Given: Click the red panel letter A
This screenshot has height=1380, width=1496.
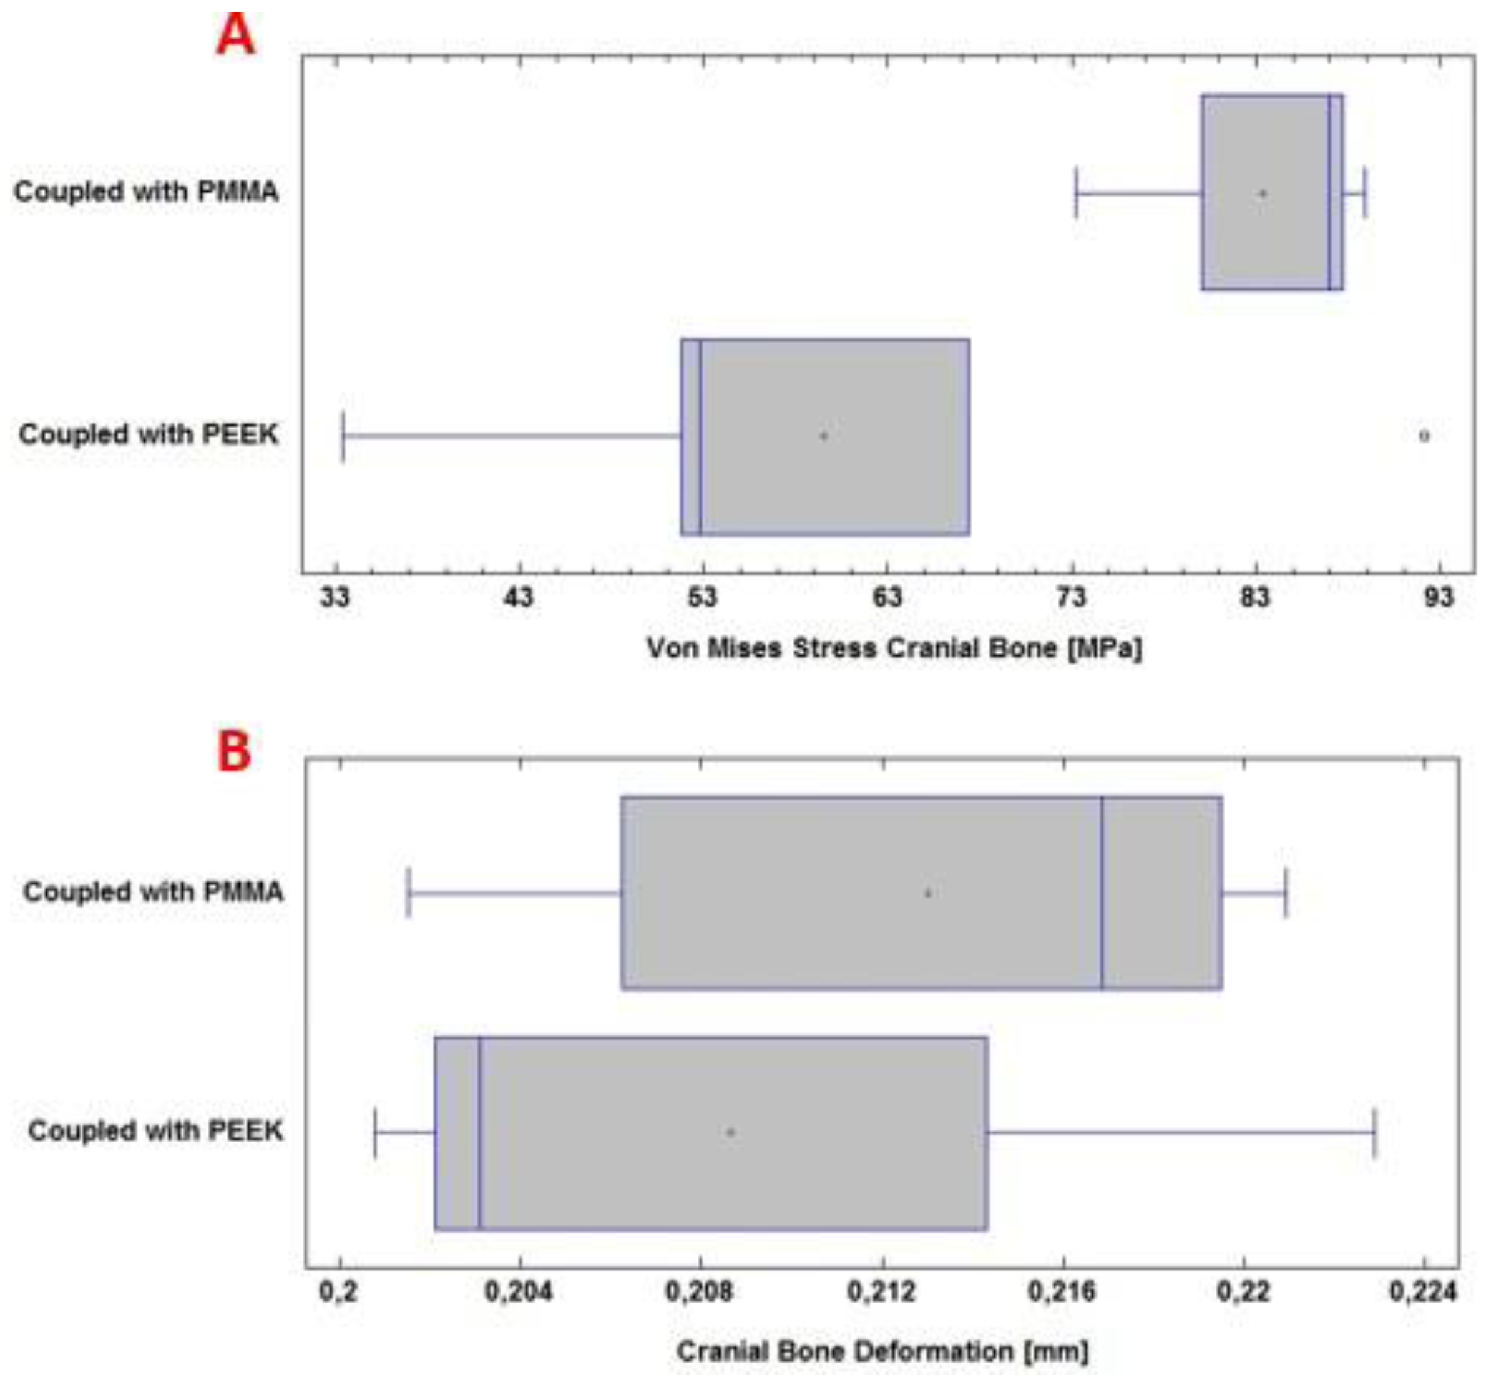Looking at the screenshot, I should pyautogui.click(x=236, y=36).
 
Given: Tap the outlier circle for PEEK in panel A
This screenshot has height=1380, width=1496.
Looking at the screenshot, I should pyautogui.click(x=1424, y=436).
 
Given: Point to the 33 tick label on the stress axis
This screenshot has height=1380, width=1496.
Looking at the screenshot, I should pyautogui.click(x=335, y=597).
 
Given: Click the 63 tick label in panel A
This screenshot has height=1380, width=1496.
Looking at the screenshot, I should pyautogui.click(x=887, y=597).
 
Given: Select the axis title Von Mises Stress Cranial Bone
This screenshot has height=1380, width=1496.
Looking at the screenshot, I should pyautogui.click(x=894, y=648).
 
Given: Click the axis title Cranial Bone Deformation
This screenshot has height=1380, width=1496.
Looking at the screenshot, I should pyautogui.click(x=882, y=1351).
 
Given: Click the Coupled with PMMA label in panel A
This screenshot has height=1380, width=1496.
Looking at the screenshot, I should pyautogui.click(x=146, y=192).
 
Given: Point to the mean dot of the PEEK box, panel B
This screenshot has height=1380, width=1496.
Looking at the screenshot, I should pyautogui.click(x=731, y=1132).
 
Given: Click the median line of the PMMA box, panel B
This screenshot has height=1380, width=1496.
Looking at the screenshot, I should pyautogui.click(x=1102, y=893).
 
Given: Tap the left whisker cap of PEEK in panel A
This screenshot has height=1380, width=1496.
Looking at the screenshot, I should pyautogui.click(x=343, y=436).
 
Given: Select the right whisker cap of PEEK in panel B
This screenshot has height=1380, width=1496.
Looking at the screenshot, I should pyautogui.click(x=1374, y=1133).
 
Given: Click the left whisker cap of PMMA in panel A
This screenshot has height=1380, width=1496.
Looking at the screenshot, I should pyautogui.click(x=1076, y=193).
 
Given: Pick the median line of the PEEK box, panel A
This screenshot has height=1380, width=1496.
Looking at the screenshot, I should pyautogui.click(x=700, y=437).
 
